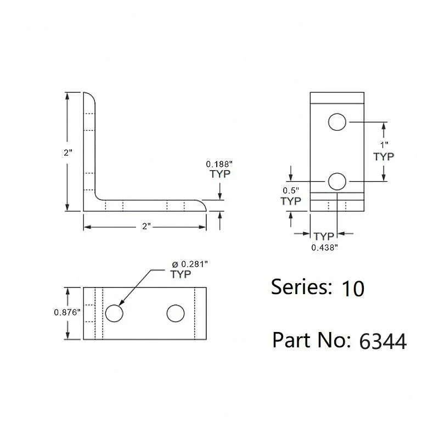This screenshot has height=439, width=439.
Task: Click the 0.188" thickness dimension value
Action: click(218, 164)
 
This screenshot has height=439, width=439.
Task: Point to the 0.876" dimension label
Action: click(67, 312)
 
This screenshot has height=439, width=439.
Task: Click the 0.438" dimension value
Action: click(324, 247)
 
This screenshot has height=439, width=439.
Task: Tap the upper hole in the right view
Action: click(337, 121)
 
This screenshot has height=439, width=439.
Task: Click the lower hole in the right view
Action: click(337, 181)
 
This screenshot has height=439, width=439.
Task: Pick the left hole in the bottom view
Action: click(114, 313)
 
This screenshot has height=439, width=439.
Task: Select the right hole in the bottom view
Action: click(176, 313)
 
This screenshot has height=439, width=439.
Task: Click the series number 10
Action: click(352, 289)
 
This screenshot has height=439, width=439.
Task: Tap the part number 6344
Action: click(382, 341)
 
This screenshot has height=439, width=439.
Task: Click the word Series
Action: click(301, 287)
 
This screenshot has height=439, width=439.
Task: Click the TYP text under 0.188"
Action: click(219, 174)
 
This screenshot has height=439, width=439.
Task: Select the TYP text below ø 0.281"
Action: click(181, 274)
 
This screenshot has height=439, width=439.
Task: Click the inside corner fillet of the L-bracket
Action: click(98, 196)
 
